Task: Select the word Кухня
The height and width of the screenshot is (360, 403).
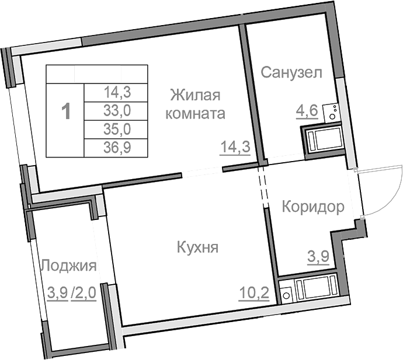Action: (x=197, y=247)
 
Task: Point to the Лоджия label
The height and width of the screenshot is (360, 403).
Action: (x=68, y=266)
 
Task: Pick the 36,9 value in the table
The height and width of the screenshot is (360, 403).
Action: (x=117, y=148)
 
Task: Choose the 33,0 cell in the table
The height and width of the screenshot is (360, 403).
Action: (x=117, y=110)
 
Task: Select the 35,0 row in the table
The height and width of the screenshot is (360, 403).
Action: (x=117, y=129)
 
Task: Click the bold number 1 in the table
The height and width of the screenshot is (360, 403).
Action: (x=67, y=111)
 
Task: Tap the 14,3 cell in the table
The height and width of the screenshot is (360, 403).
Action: (x=117, y=91)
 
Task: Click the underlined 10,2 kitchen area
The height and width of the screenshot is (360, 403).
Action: (x=253, y=291)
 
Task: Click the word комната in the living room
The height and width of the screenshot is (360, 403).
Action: (x=195, y=114)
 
